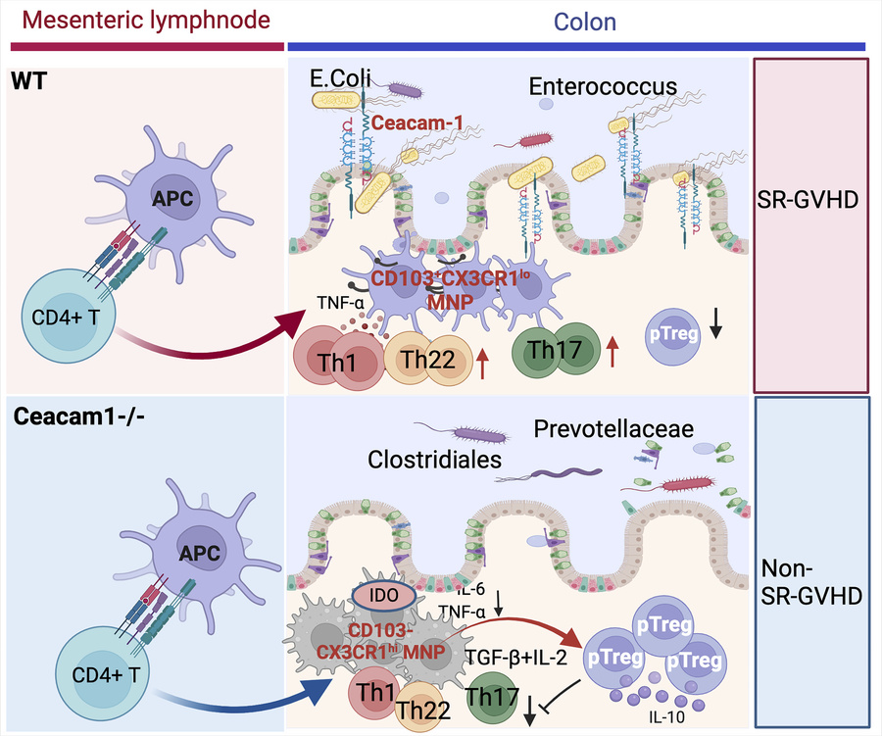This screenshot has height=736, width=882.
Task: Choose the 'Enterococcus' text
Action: tap(603, 86)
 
